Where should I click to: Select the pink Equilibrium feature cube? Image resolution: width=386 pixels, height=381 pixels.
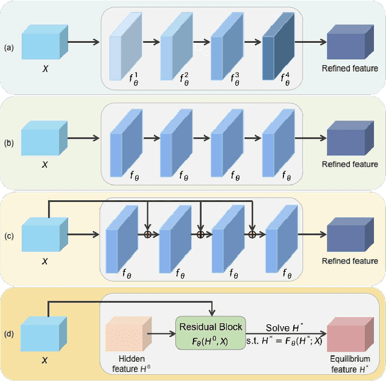(346, 335)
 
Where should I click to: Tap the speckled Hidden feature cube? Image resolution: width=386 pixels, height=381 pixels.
(127, 335)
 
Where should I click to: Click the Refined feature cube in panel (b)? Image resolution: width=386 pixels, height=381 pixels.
(346, 139)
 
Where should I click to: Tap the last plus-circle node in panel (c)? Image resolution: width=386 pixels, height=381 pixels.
(253, 233)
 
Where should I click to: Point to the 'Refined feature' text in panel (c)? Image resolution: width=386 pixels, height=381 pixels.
(350, 261)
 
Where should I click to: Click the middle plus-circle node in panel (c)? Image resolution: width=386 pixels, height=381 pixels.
(201, 233)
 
